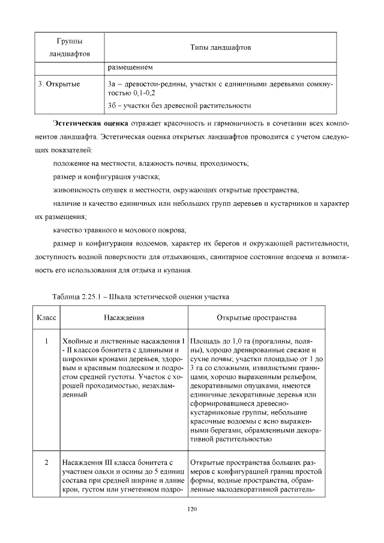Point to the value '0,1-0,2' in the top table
click(x=142, y=94)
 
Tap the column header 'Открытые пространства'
click(x=257, y=317)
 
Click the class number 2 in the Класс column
click(x=46, y=463)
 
